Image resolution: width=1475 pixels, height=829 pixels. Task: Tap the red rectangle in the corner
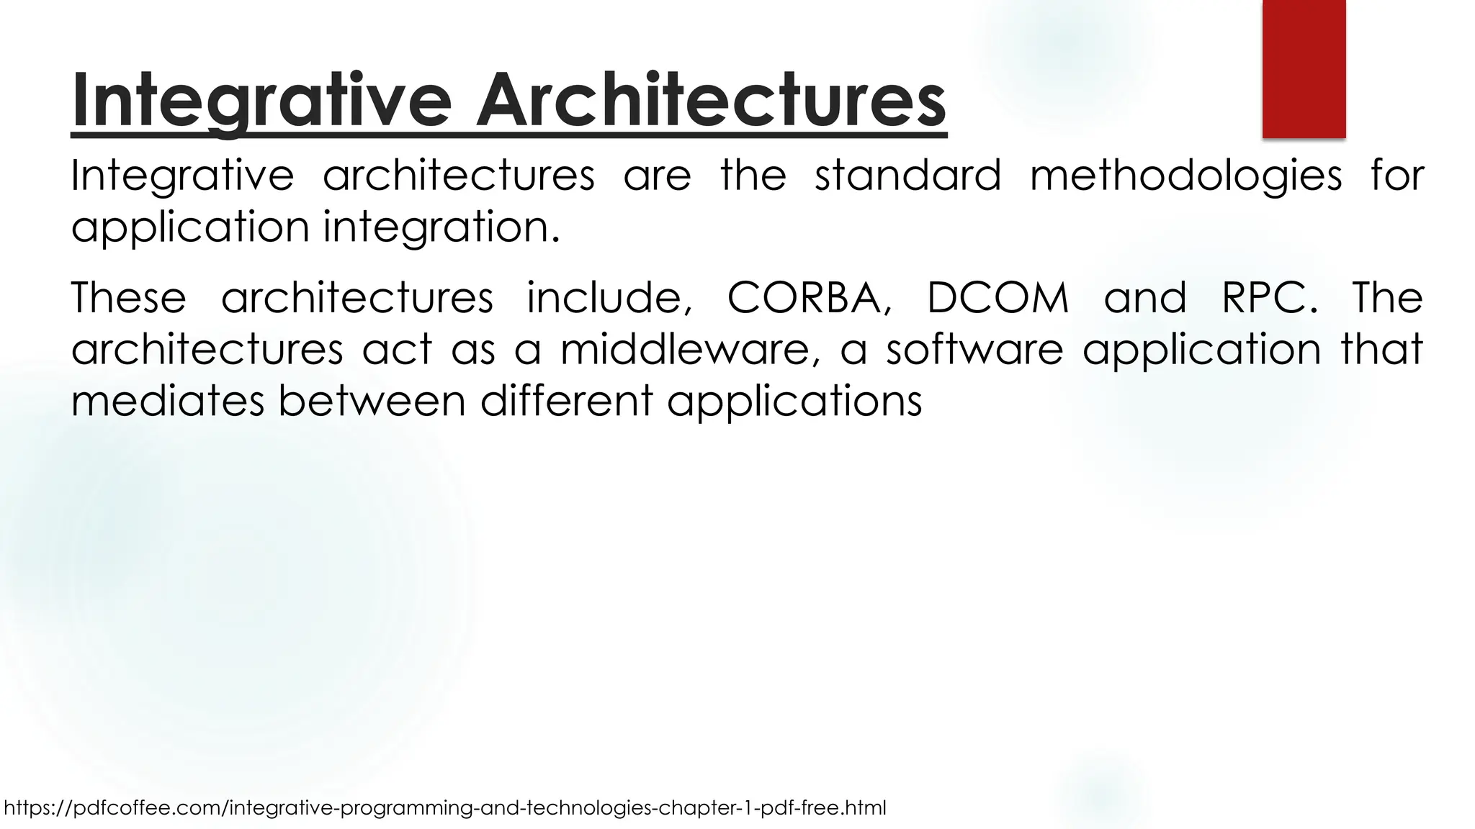tap(1304, 68)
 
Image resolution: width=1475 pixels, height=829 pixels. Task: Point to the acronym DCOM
tap(997, 298)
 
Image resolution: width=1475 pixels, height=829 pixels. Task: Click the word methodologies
tap(1185, 176)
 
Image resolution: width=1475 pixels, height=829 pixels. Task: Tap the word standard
tap(907, 175)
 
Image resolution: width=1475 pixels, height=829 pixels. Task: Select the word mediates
tap(167, 400)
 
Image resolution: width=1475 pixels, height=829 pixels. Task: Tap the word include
tap(609, 298)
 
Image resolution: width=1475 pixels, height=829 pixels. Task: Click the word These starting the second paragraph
tap(129, 298)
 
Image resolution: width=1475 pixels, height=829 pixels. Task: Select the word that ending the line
tap(1381, 349)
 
